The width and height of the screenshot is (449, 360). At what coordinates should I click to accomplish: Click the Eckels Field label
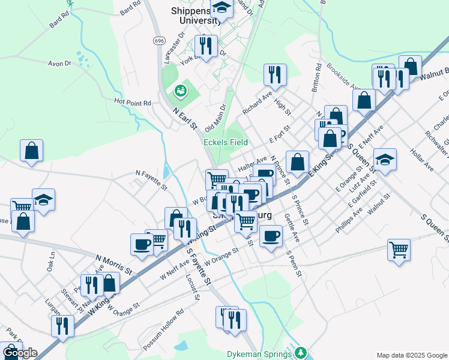tap(226, 142)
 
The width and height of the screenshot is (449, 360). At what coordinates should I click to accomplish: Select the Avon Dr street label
tap(59, 63)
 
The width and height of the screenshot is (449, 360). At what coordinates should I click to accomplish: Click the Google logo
tap(19, 353)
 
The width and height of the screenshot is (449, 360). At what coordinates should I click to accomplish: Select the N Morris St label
tap(113, 265)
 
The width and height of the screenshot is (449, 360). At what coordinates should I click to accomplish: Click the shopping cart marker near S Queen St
tap(399, 248)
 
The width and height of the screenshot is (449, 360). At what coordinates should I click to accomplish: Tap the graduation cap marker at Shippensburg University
tap(222, 9)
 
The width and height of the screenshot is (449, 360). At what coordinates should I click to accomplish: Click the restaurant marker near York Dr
tap(206, 46)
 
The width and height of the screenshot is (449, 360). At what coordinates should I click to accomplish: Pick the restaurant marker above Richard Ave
tap(275, 74)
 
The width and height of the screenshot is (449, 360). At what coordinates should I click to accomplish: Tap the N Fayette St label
tap(151, 179)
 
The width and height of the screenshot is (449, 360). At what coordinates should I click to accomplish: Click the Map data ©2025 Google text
tap(411, 355)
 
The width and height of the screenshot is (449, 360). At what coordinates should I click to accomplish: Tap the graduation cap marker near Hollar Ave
tap(385, 159)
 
